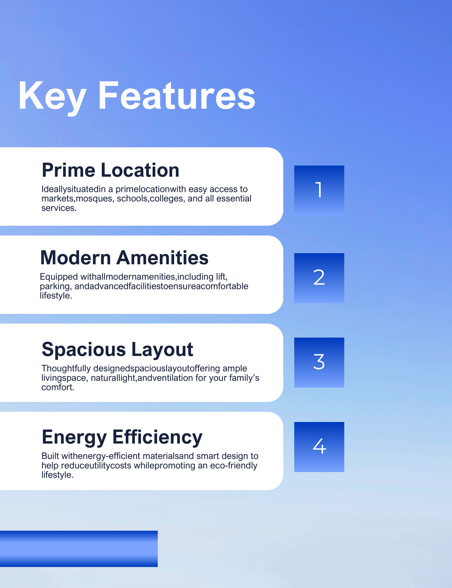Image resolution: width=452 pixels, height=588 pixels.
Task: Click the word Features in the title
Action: coord(177,96)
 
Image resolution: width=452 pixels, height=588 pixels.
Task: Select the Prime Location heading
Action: coord(110,170)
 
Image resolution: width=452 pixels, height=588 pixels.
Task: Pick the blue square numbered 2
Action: coord(319,278)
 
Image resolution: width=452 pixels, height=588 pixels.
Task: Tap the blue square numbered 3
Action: coord(319,363)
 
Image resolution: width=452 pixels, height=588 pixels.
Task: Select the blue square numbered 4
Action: coord(319,447)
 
